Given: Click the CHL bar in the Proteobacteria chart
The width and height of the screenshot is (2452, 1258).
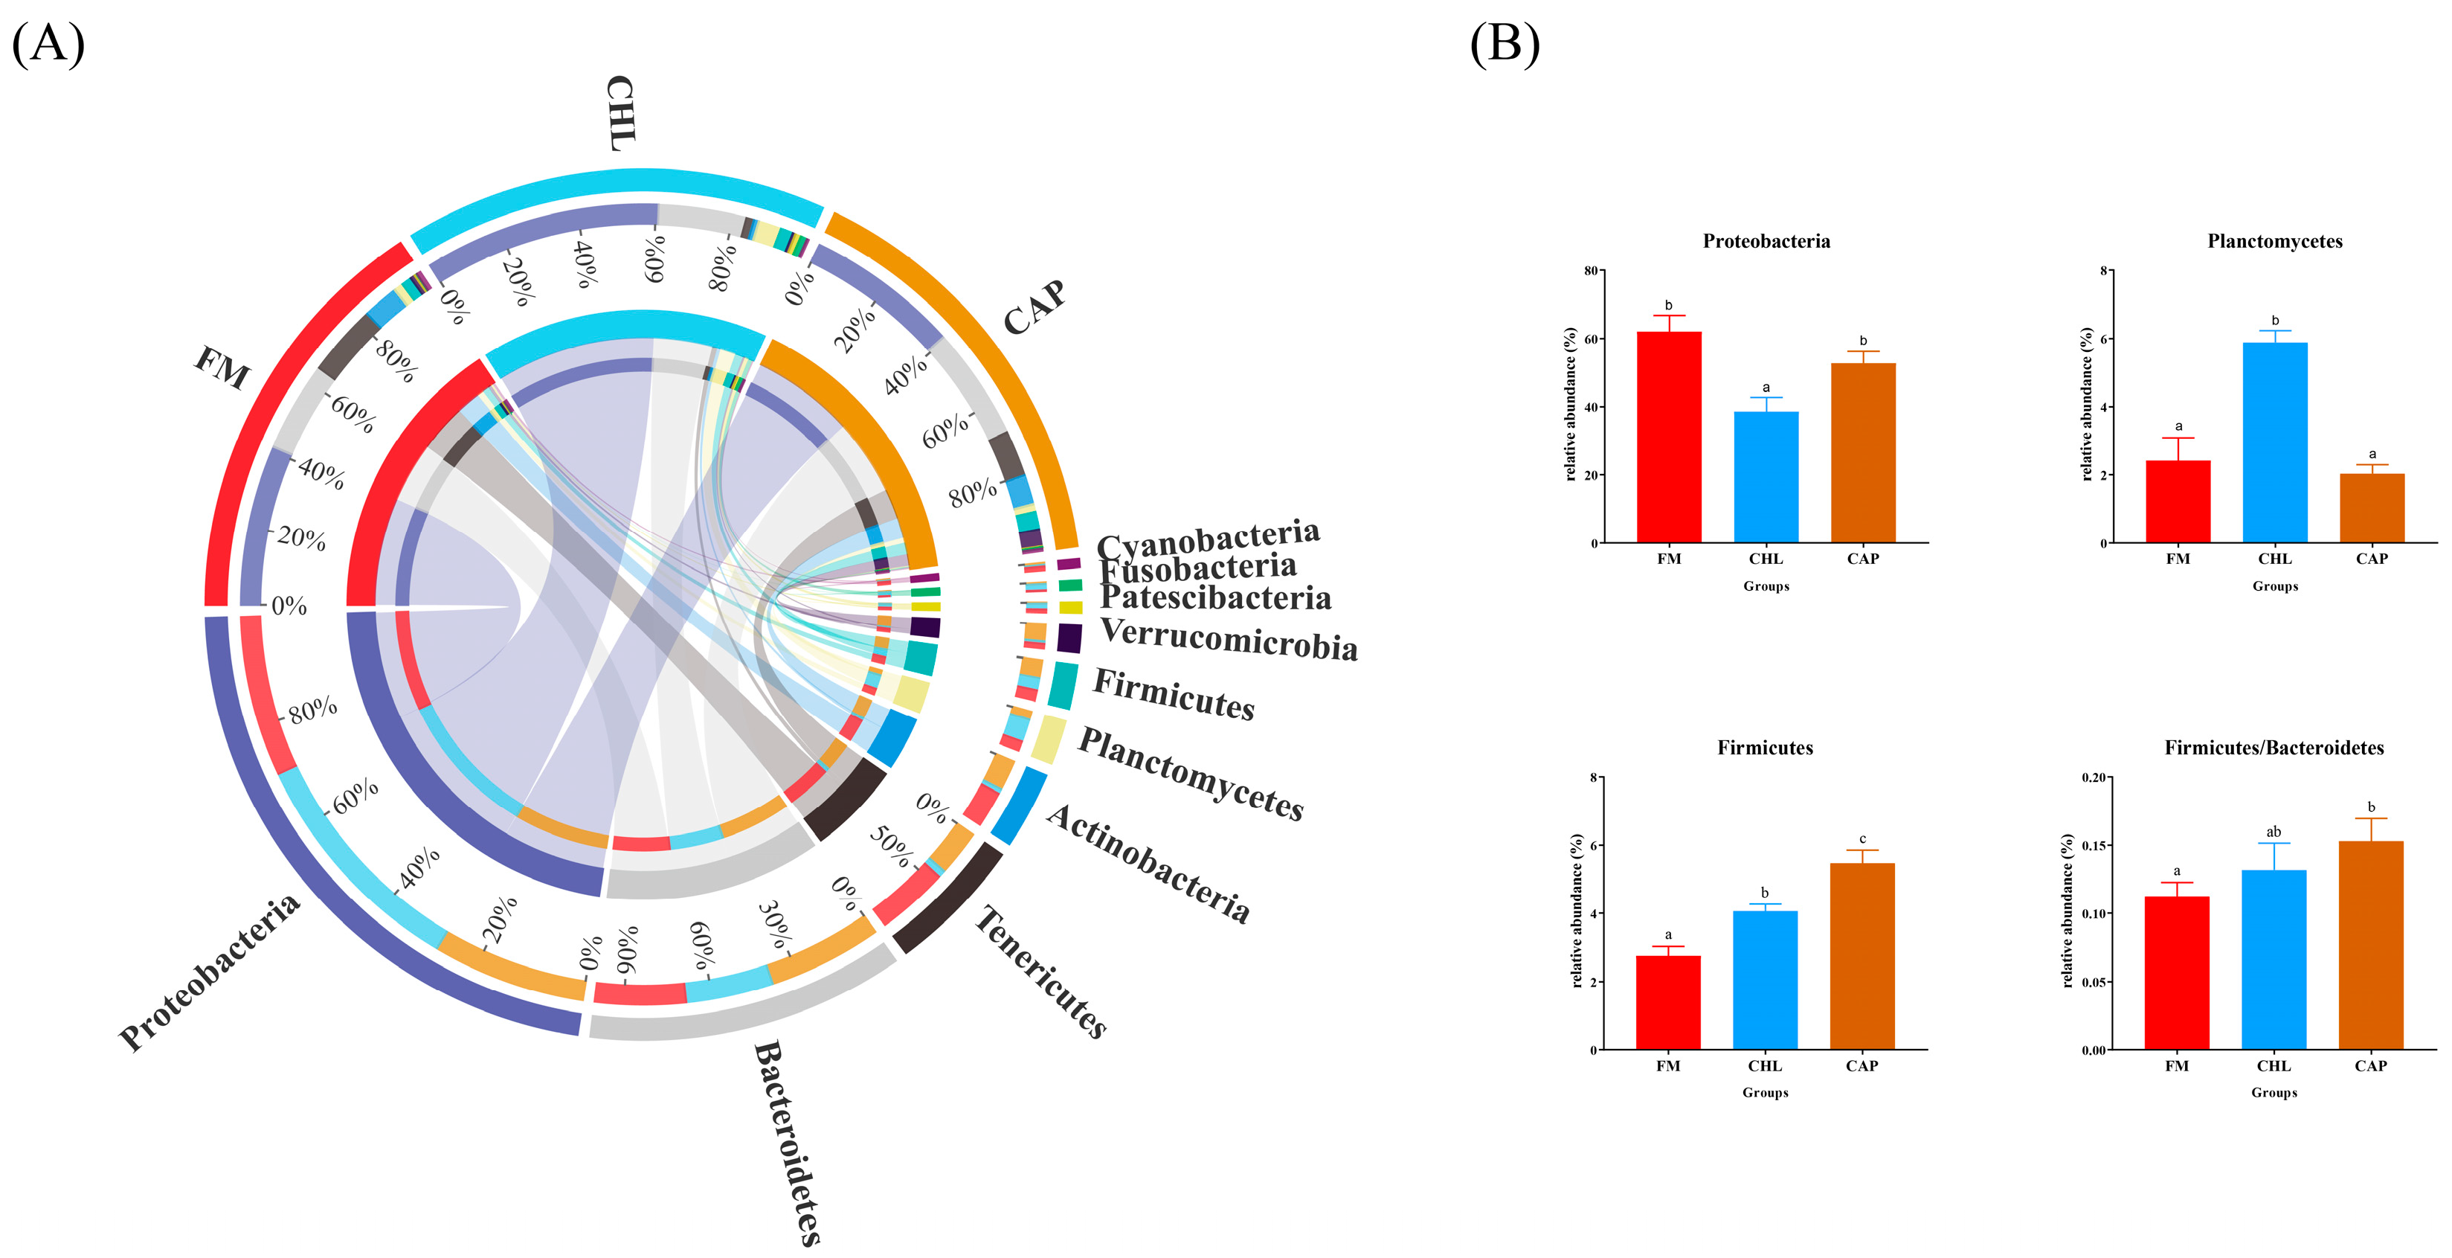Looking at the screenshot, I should (x=1766, y=476).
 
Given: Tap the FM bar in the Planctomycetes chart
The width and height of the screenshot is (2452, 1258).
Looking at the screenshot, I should (x=2178, y=501).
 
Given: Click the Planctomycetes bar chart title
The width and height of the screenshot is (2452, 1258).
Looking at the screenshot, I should (x=2274, y=242).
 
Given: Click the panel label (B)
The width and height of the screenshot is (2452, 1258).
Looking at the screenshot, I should (x=1504, y=44).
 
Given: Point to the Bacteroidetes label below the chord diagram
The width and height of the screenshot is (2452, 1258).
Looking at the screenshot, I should (x=786, y=1143).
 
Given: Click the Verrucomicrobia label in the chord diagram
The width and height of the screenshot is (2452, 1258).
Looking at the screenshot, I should (x=1228, y=639).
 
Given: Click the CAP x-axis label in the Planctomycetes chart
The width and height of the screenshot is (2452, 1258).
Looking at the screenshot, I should (x=2371, y=559).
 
